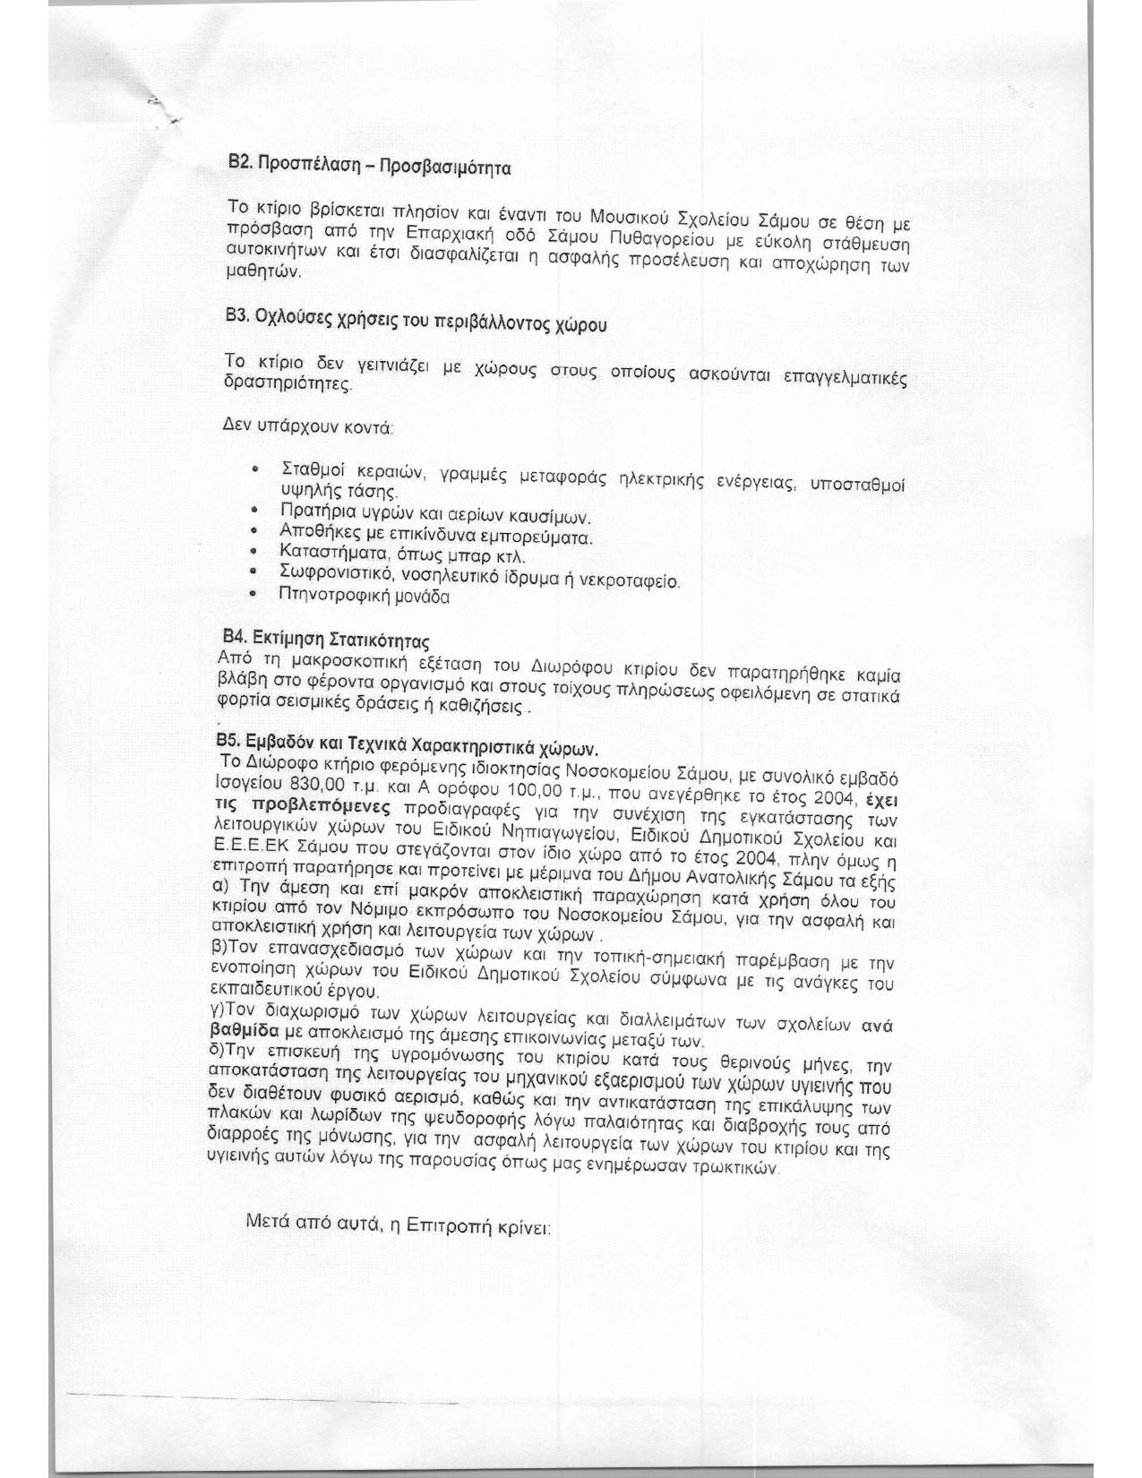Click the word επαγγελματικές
845,378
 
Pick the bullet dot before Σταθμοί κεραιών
257,468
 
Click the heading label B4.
233,638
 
